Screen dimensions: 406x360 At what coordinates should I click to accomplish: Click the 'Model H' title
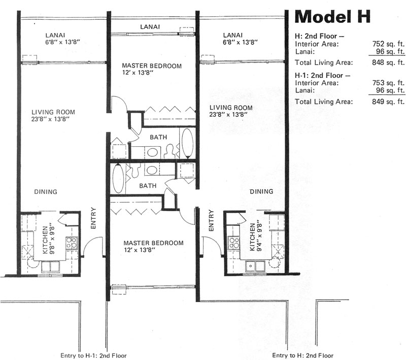coord(332,17)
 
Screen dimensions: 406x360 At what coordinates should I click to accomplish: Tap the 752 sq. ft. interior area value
coord(388,44)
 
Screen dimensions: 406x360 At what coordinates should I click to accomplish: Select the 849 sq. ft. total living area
coord(388,102)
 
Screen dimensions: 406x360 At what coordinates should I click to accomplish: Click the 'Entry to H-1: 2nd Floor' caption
coord(93,355)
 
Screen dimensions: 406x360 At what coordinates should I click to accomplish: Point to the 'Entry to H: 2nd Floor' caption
coord(302,355)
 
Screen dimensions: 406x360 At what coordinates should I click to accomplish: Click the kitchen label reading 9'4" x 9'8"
coord(256,237)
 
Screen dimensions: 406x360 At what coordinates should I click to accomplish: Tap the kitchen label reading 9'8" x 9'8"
coord(48,239)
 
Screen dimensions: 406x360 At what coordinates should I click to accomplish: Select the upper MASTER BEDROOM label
coord(152,69)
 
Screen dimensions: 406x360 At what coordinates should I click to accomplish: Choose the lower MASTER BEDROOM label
coord(153,246)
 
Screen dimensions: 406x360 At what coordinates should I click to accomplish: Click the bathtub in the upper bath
coord(187,143)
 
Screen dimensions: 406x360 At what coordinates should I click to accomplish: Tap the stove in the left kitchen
coord(72,243)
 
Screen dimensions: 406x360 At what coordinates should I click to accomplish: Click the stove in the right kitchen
coord(233,243)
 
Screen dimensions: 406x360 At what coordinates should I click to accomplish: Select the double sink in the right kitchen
coord(255,266)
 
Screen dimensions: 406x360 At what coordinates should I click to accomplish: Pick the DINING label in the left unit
coord(46,191)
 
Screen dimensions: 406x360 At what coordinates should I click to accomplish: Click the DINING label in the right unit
coord(261,191)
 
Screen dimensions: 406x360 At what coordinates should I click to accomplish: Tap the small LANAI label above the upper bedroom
coord(150,27)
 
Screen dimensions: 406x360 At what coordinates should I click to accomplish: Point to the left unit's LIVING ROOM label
coord(53,115)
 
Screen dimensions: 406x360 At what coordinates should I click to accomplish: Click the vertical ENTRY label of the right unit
coord(211,220)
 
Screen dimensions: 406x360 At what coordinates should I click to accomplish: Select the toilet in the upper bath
coord(170,151)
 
